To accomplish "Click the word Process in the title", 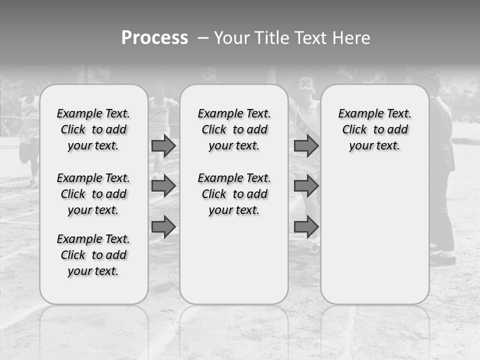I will (154, 38).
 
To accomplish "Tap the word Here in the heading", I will (351, 38).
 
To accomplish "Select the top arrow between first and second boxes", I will (163, 145).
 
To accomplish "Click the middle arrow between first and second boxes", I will (163, 186).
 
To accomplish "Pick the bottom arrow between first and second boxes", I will (163, 226).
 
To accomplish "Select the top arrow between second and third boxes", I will (306, 145).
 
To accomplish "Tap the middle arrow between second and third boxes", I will (306, 186).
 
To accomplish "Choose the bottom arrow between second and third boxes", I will (306, 226).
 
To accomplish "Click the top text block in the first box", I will (93, 129).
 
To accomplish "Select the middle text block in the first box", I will (93, 194).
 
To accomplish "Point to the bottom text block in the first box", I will (93, 255).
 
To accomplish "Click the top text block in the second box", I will (234, 129).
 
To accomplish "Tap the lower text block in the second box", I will (234, 194).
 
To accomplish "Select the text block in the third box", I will (374, 129).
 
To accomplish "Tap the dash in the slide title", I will (203, 38).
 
